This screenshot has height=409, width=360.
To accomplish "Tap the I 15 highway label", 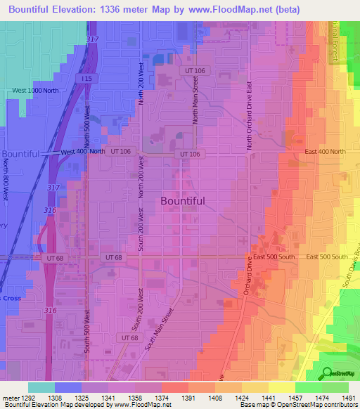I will [x=86, y=79].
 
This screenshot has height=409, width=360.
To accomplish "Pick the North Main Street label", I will [x=196, y=100].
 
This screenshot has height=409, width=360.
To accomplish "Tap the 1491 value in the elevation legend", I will [x=348, y=397].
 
